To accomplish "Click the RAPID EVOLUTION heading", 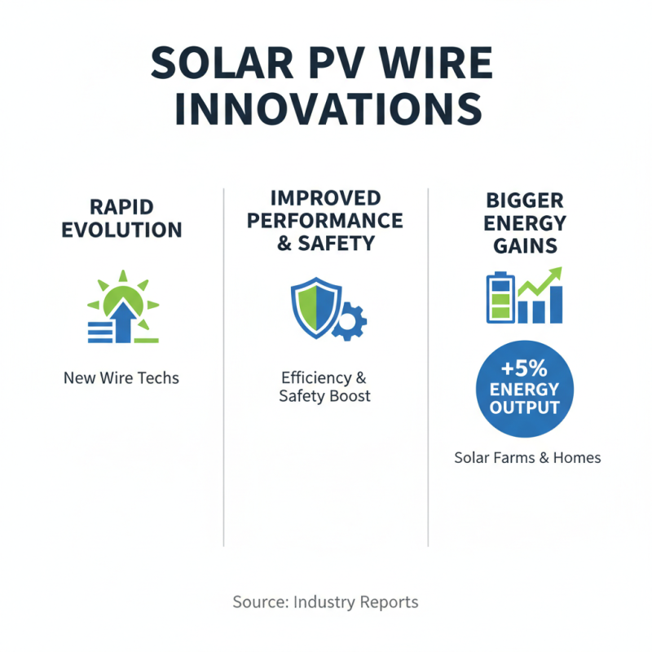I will tap(121, 218).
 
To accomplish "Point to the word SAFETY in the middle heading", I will tap(340, 242).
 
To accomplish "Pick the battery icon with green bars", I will tap(496, 298).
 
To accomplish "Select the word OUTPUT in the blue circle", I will tap(524, 407).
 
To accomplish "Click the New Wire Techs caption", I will tap(121, 378).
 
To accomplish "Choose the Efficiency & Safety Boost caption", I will tap(324, 387).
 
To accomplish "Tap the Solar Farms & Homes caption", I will tap(527, 457).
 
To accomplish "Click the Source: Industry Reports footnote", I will tap(325, 602).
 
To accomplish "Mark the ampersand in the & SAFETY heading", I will tap(285, 242).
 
